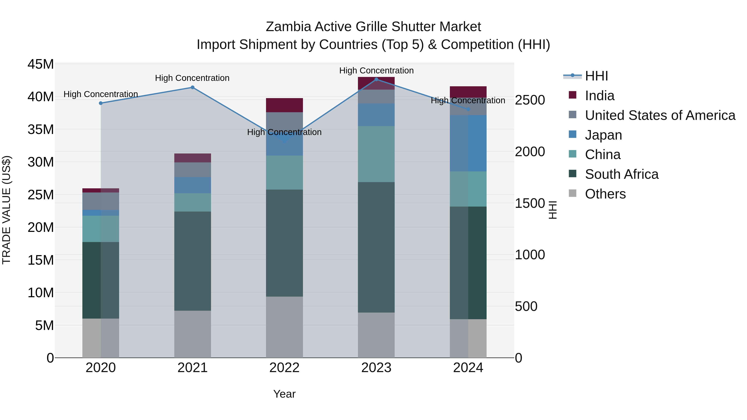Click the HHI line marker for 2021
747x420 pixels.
[192, 87]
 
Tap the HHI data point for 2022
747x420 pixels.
[284, 141]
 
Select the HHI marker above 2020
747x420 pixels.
[101, 103]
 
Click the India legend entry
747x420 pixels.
[599, 96]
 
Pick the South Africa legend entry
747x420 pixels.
[621, 174]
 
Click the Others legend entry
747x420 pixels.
[605, 194]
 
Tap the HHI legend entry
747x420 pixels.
[596, 76]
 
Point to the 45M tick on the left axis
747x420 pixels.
[41, 64]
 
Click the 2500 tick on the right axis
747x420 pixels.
[530, 100]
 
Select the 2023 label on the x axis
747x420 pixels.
[376, 368]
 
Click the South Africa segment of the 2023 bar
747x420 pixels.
[376, 247]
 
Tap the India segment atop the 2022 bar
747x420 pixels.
[284, 105]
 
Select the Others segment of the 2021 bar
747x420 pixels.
[192, 334]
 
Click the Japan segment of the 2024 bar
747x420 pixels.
[468, 143]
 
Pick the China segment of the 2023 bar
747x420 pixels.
[376, 154]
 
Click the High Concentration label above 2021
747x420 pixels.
[192, 78]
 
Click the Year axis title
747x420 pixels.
[284, 394]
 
